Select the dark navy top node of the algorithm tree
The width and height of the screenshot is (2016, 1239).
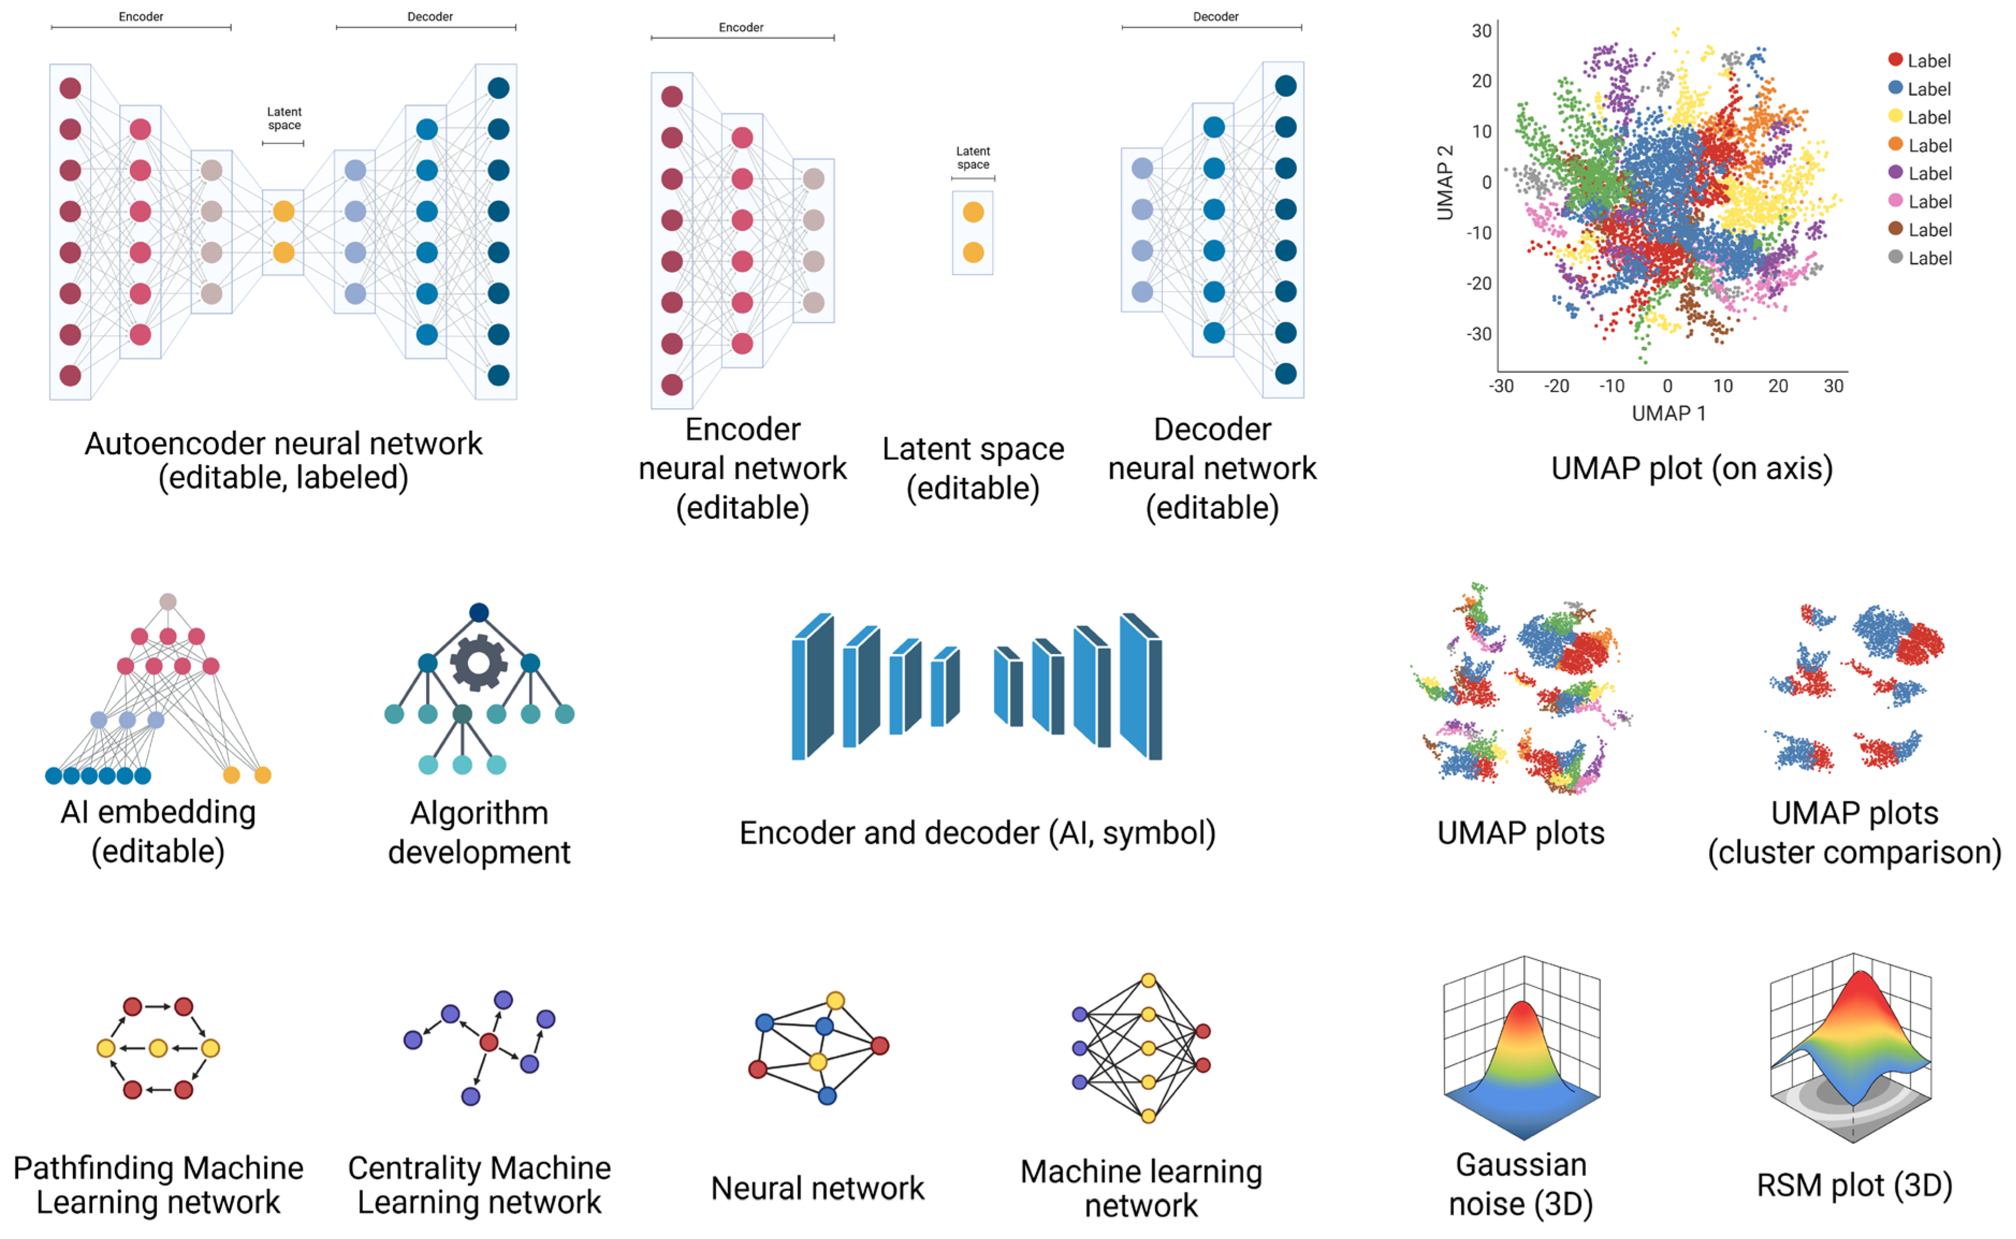point(479,612)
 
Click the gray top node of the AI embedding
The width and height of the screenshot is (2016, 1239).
point(168,602)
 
